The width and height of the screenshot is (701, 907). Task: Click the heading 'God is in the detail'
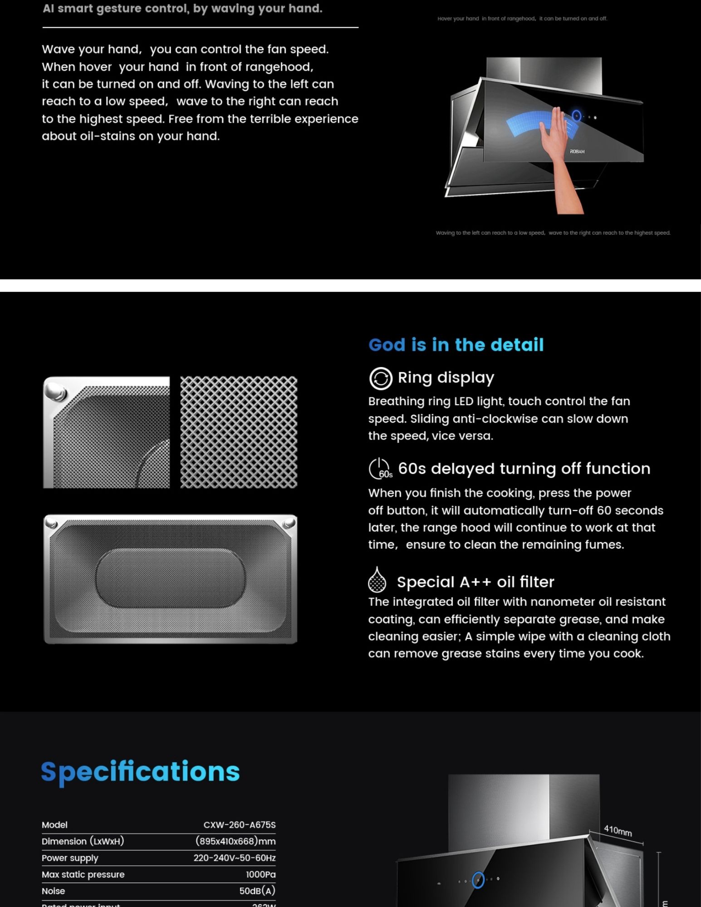tap(456, 345)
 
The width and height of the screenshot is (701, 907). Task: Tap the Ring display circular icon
tap(380, 378)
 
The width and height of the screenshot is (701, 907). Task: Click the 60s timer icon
tap(379, 469)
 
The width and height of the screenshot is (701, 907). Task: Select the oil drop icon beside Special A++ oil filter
tap(377, 580)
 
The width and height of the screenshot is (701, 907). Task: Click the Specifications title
tap(140, 772)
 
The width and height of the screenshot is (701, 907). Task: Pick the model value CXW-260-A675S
tap(239, 825)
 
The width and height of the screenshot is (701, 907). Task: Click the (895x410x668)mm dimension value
tap(235, 841)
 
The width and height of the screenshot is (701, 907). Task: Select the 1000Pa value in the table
tap(260, 874)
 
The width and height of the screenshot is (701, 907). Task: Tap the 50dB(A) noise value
tap(257, 891)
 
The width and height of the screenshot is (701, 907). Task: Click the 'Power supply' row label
tap(70, 858)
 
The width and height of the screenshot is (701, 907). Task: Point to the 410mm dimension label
tap(618, 830)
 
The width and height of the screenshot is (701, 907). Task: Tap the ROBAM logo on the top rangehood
tap(577, 152)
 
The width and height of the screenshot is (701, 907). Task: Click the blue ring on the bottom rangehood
tap(478, 880)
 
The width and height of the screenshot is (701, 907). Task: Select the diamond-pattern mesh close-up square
tap(239, 432)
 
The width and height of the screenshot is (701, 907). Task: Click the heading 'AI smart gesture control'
tap(182, 9)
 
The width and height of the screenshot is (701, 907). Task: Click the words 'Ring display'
tap(446, 378)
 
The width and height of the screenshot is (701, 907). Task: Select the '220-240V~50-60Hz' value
tap(234, 858)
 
